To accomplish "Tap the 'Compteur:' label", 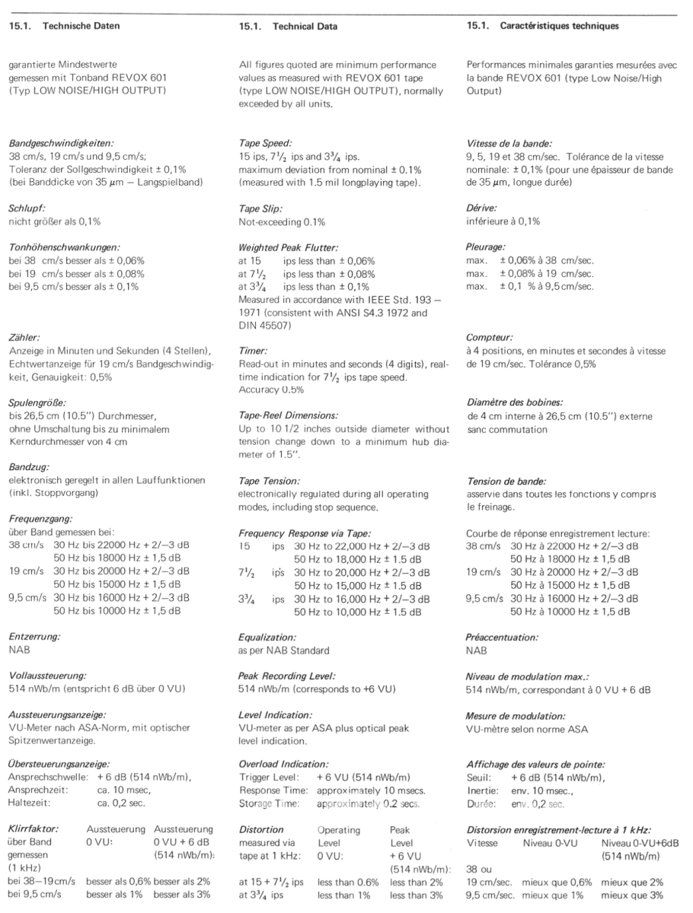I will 489,336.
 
